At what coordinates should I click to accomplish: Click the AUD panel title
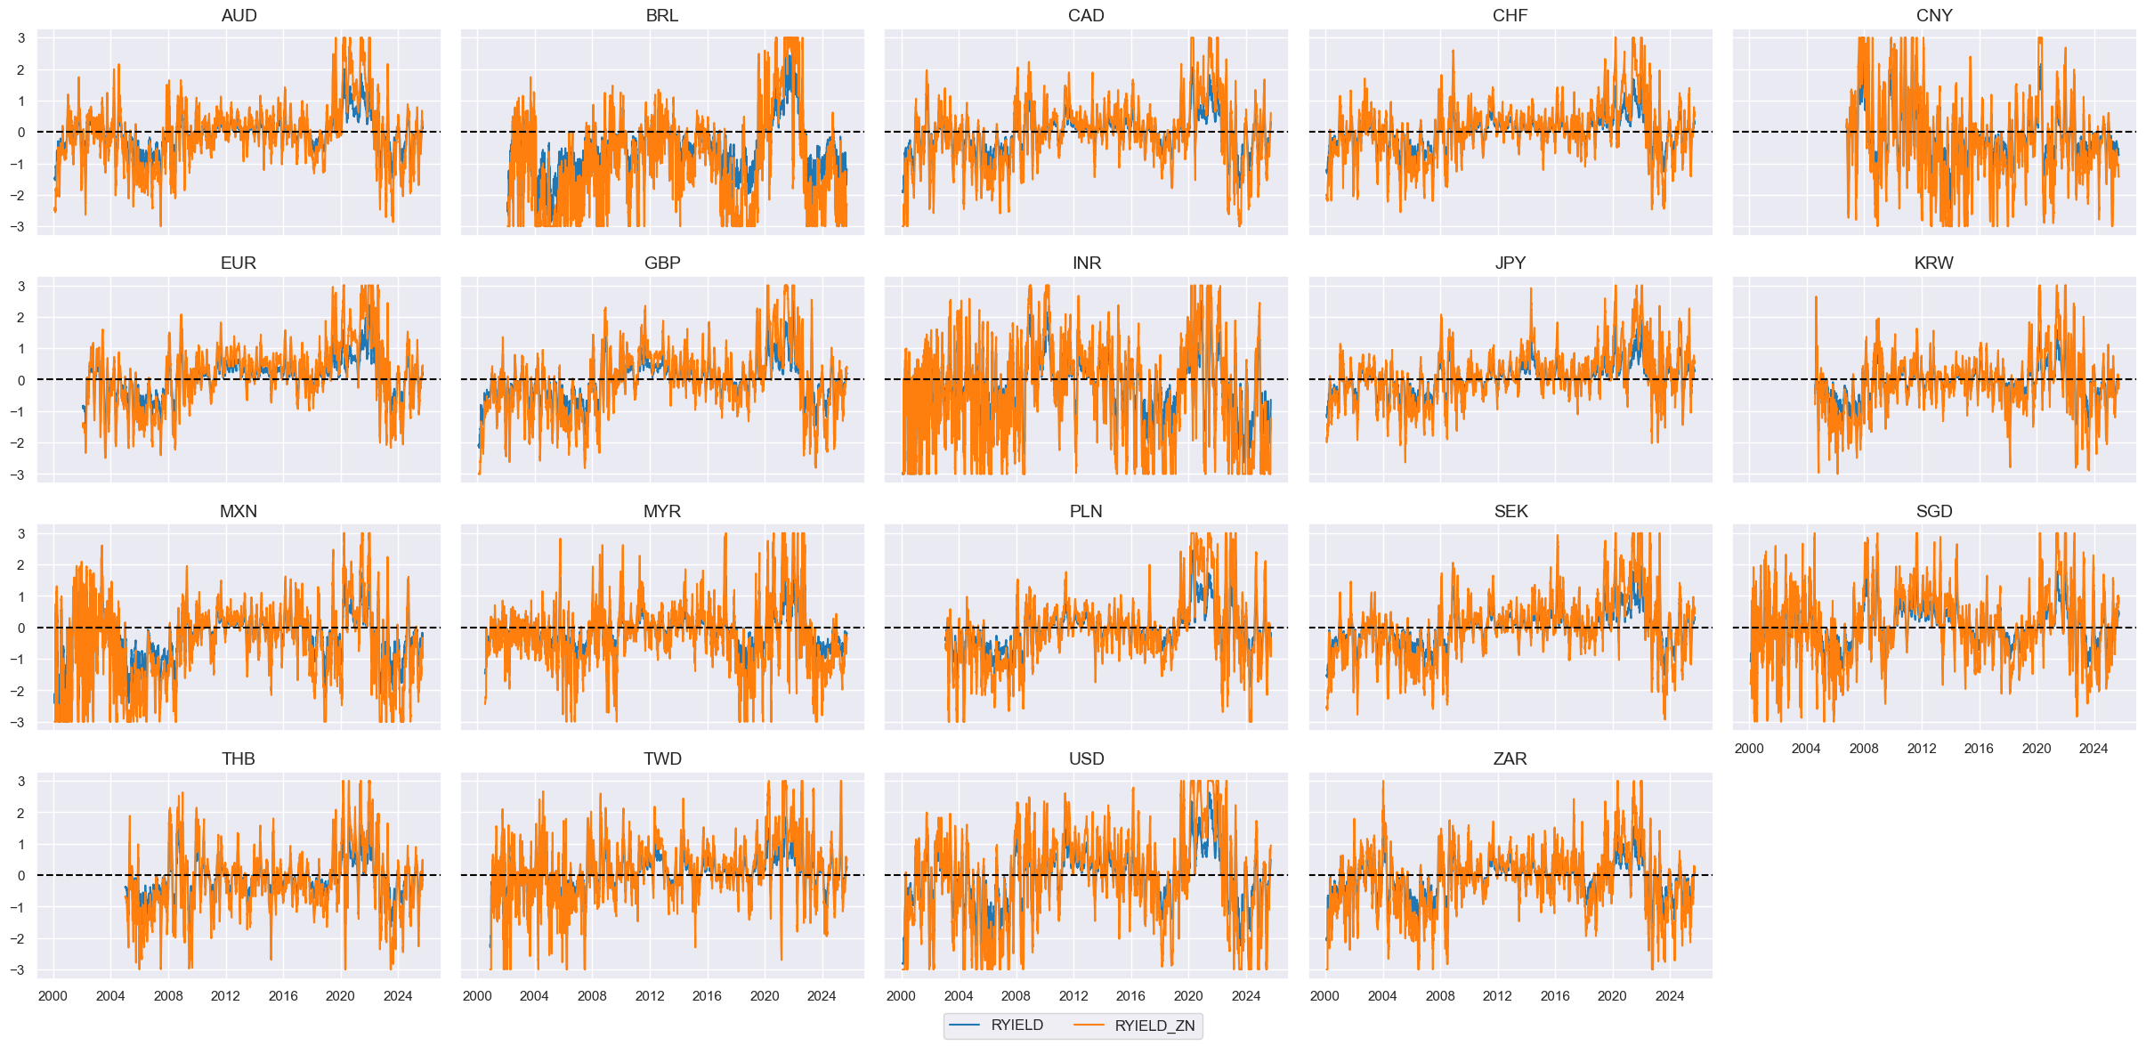(x=239, y=15)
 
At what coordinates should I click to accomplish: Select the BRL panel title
(x=662, y=15)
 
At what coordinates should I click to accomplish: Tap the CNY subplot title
(x=1934, y=15)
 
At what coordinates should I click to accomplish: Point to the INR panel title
(x=1086, y=264)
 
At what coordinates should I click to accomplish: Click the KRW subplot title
(x=1934, y=264)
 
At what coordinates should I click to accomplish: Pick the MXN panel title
(x=239, y=511)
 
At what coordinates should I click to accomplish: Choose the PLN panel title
(x=1086, y=511)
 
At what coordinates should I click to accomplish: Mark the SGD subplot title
(x=1934, y=511)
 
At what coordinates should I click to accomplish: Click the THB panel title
(x=239, y=758)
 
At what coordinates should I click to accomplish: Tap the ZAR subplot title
(x=1510, y=758)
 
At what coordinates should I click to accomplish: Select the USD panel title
(x=1086, y=758)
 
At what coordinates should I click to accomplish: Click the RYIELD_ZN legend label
(x=1154, y=1026)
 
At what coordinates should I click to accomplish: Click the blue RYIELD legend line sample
(x=965, y=1026)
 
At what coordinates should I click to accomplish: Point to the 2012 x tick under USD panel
(x=1073, y=996)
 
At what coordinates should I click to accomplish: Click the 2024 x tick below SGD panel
(x=2093, y=749)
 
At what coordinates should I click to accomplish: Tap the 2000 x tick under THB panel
(x=53, y=996)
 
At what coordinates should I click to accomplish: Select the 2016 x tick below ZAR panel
(x=1555, y=996)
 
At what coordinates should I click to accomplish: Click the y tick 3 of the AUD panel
(x=20, y=38)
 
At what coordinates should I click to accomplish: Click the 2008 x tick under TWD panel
(x=592, y=996)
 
